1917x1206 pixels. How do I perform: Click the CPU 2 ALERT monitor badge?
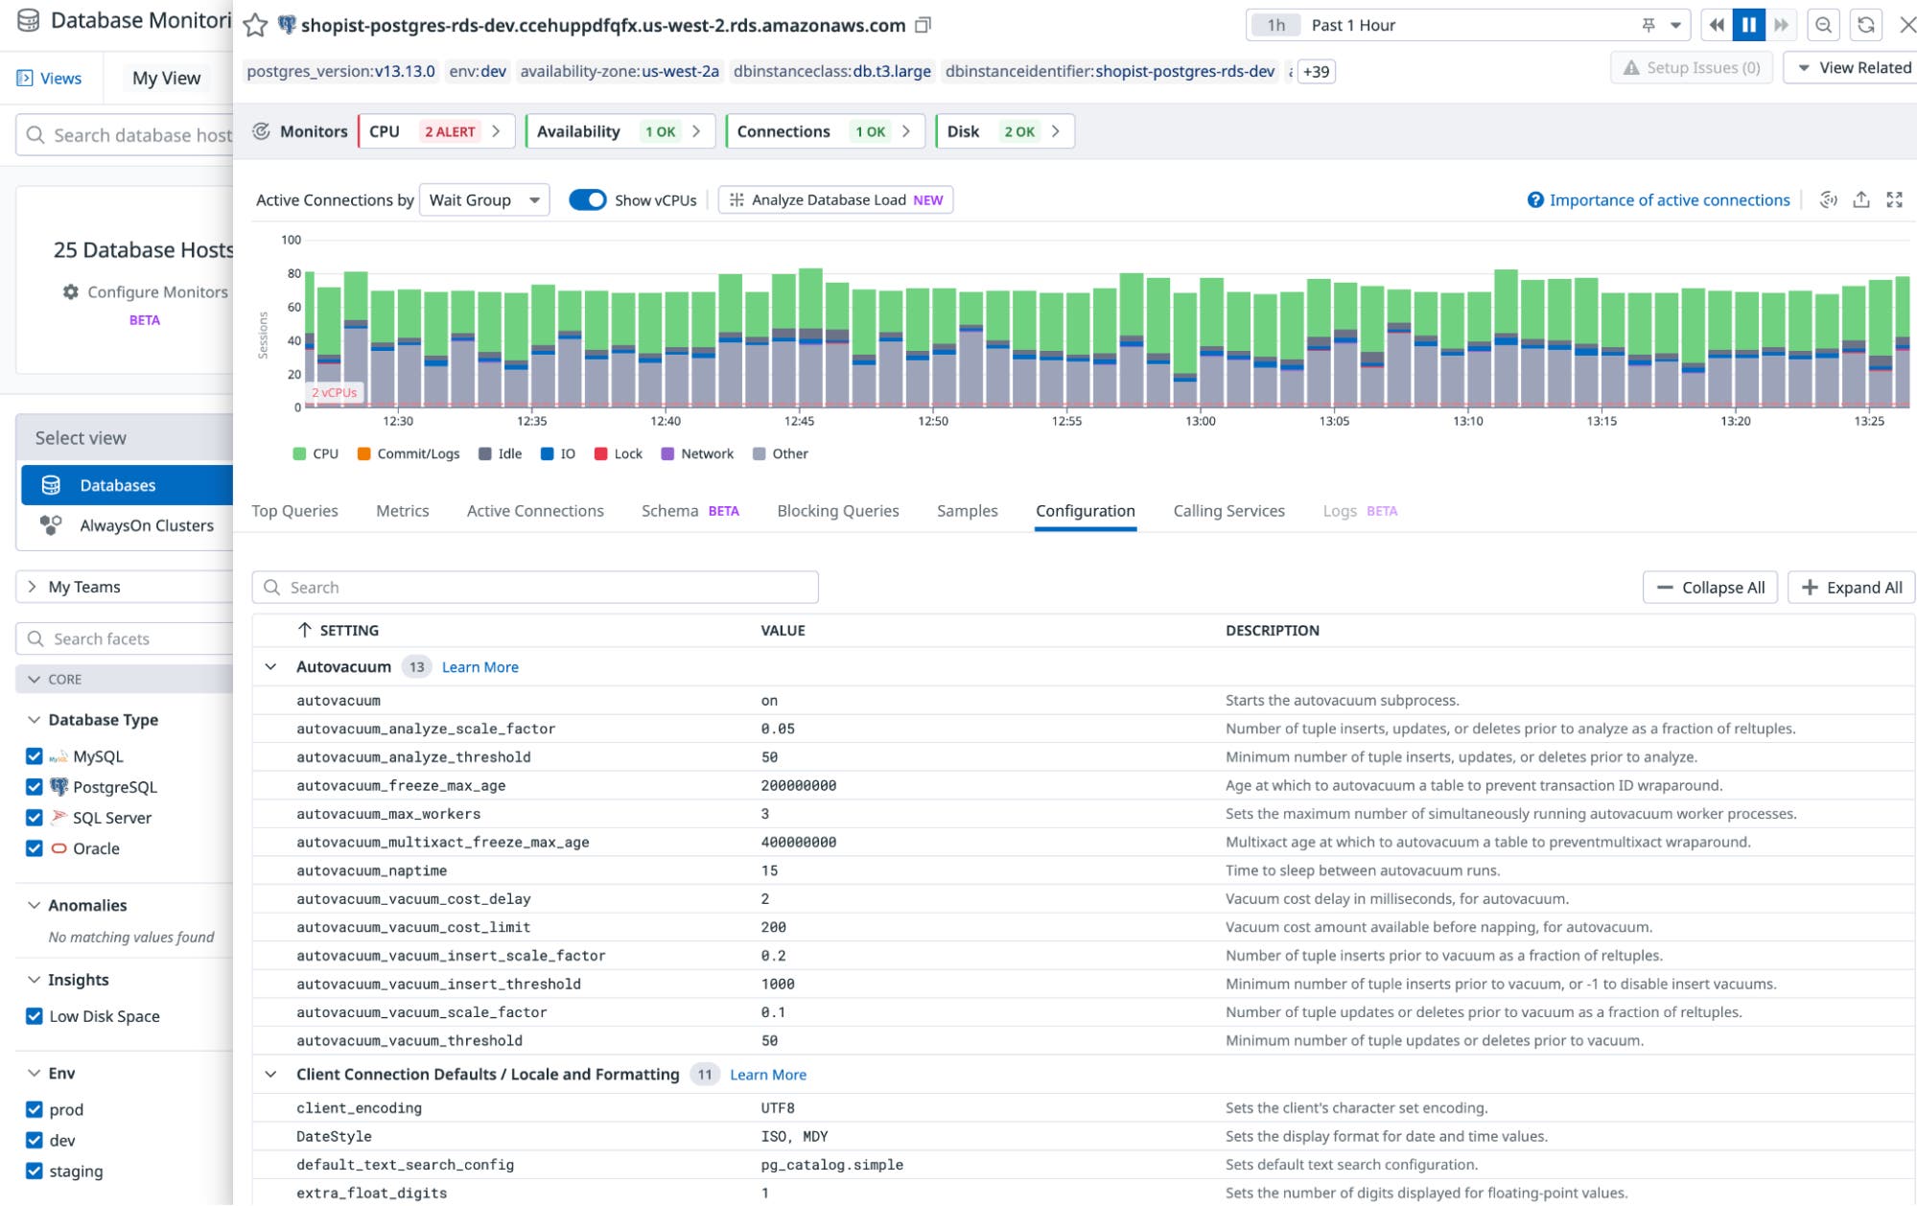tap(436, 131)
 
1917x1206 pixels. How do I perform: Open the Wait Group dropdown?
tap(484, 200)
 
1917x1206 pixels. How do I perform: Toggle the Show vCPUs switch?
tap(587, 200)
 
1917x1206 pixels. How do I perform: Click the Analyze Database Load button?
tap(835, 200)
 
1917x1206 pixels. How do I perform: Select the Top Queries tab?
tap(294, 511)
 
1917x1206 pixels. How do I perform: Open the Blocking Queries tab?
tap(837, 511)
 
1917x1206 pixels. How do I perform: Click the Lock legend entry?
tap(619, 454)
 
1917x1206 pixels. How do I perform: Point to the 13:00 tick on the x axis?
tap(1200, 421)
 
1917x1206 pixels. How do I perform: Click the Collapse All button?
tap(1710, 588)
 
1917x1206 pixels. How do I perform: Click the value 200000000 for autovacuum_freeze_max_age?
tap(798, 786)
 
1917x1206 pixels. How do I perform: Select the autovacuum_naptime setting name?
tap(371, 870)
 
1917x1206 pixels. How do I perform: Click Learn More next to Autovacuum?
tap(479, 667)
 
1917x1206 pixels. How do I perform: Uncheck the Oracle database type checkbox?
tap(35, 848)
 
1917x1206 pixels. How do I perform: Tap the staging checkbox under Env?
tap(35, 1171)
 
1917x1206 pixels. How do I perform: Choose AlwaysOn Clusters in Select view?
tap(146, 525)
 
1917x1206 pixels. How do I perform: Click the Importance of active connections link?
tap(1669, 200)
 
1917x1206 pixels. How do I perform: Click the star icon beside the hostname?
tap(255, 26)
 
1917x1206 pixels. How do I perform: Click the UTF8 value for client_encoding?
tap(777, 1108)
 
